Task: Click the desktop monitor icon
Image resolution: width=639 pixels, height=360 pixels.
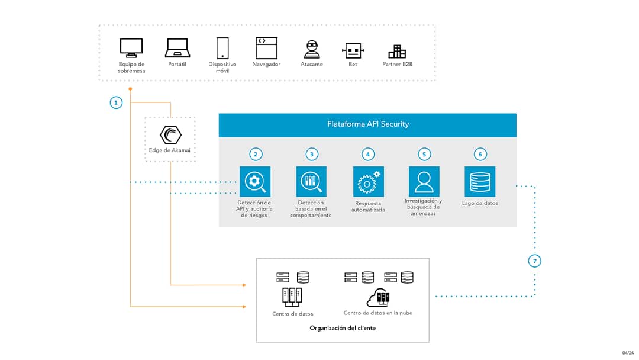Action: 131,47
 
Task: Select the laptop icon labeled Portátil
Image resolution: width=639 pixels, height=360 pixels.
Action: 176,47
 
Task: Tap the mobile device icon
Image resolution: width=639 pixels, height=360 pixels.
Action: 222,47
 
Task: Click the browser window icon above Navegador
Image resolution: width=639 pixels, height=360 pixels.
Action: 266,47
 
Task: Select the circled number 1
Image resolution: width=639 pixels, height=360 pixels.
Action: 116,102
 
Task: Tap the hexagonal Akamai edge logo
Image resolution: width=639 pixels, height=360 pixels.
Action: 170,136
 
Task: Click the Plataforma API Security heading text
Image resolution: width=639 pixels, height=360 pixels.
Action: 368,124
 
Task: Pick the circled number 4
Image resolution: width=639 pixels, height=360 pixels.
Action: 367,154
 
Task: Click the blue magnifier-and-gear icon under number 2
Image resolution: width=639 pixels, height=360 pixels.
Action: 255,181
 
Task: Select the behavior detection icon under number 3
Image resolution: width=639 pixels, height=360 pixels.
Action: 311,181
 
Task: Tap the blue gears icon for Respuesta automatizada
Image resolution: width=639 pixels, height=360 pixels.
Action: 368,182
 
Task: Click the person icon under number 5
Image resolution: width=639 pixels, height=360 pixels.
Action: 424,181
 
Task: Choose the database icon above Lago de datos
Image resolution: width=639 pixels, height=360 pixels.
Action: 480,181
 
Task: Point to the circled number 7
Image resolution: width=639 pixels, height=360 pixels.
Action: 534,261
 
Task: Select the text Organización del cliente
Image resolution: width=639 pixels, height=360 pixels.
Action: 343,328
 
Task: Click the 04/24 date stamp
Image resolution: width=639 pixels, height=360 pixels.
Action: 627,353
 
